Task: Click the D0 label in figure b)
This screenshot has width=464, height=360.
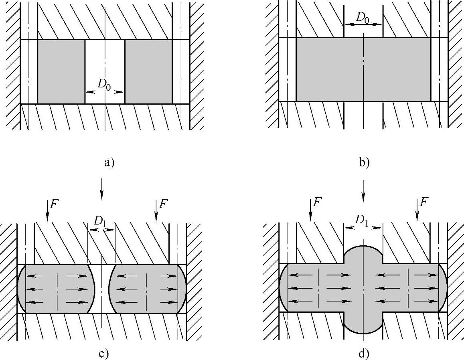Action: click(x=363, y=18)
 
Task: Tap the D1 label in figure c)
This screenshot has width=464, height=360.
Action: click(x=100, y=221)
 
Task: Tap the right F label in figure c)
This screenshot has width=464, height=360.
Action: click(x=163, y=203)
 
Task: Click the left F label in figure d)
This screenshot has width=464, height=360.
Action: click(x=317, y=202)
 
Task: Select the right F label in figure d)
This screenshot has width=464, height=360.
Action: click(x=423, y=202)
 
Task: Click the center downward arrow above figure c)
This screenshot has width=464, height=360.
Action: click(x=102, y=188)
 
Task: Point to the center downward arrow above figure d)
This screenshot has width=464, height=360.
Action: click(x=363, y=191)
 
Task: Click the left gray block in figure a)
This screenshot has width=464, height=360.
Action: click(x=61, y=71)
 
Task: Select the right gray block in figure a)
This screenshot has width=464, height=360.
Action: click(x=148, y=71)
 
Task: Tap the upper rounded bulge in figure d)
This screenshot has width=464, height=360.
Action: click(x=363, y=255)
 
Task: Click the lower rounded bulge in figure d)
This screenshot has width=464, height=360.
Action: click(x=363, y=323)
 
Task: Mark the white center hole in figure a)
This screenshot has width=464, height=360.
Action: click(x=105, y=60)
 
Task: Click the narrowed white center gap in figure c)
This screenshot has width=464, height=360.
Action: click(x=102, y=289)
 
